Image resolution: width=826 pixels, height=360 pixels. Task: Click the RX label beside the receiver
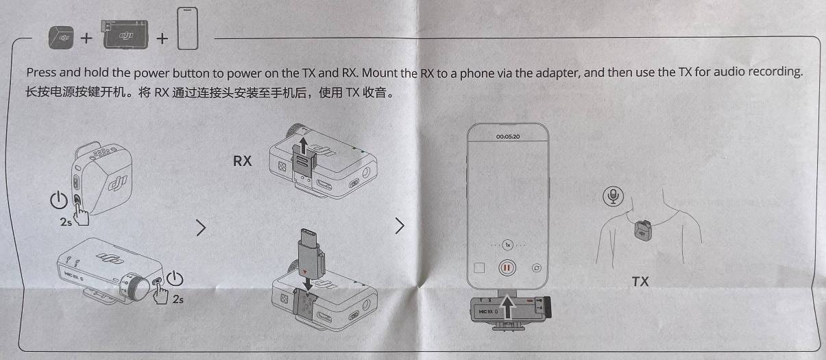tap(242, 161)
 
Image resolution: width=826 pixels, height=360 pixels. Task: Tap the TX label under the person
tap(640, 282)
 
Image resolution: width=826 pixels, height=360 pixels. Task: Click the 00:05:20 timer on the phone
tap(508, 136)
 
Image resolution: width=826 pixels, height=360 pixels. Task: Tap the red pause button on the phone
tap(507, 268)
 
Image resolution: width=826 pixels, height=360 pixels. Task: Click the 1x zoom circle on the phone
tap(508, 245)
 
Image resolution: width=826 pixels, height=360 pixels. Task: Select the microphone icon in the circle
tap(614, 196)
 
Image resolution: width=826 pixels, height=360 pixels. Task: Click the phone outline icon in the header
tap(188, 28)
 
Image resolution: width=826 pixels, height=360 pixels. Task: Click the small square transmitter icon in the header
tap(61, 37)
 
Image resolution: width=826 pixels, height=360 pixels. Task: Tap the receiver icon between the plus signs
tap(125, 34)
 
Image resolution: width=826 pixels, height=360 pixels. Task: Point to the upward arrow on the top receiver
tap(303, 145)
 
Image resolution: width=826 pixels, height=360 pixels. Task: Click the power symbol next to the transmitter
tap(59, 200)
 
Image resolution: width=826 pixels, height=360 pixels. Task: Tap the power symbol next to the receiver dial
tap(175, 278)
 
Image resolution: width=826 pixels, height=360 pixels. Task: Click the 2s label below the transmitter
tap(66, 221)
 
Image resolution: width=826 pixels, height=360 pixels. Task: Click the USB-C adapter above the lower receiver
tap(311, 254)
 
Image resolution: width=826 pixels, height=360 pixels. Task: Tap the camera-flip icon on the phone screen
tap(537, 268)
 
